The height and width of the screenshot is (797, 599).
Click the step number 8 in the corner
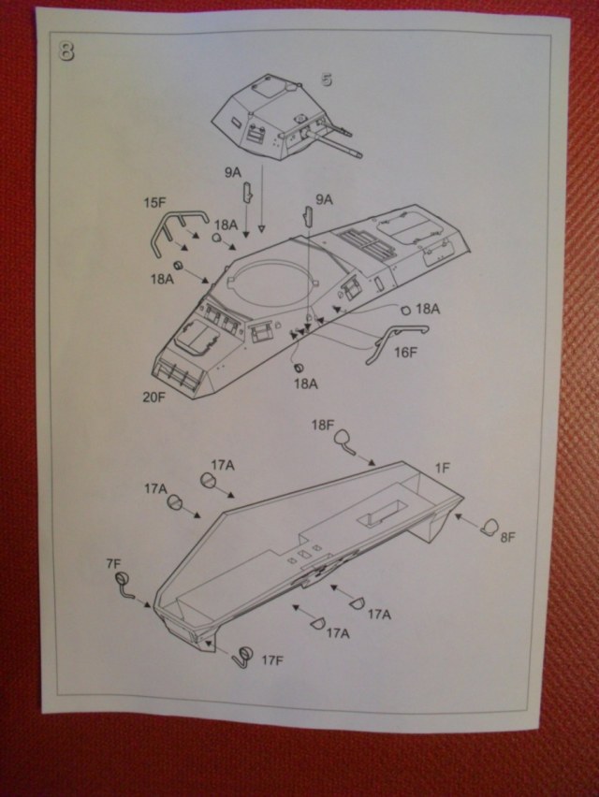pyautogui.click(x=66, y=51)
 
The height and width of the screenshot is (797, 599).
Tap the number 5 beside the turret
pyautogui.click(x=327, y=80)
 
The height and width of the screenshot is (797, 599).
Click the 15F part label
pyautogui.click(x=154, y=201)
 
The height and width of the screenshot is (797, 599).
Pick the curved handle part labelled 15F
pyautogui.click(x=173, y=231)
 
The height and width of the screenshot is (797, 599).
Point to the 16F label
pyautogui.click(x=405, y=352)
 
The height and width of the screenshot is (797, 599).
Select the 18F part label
pyautogui.click(x=322, y=424)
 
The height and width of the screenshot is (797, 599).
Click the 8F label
pyautogui.click(x=508, y=538)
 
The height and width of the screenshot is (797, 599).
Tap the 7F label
pyautogui.click(x=114, y=563)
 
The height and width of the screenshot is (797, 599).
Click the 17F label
pyautogui.click(x=271, y=660)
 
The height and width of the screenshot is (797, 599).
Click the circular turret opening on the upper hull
pyautogui.click(x=268, y=282)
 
